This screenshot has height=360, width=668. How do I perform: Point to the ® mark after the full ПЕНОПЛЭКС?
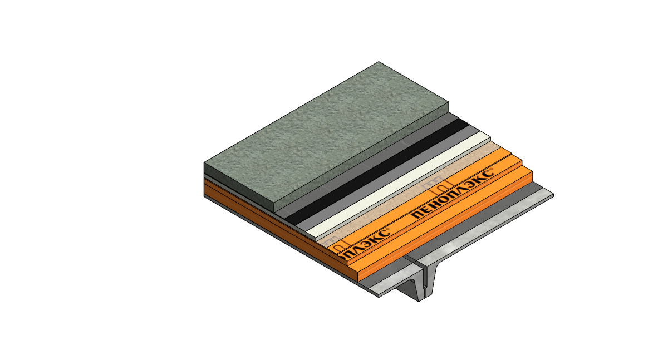point(491,170)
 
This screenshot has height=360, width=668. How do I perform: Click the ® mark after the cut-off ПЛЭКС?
point(387,229)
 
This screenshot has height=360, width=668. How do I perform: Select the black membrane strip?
point(377,172)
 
